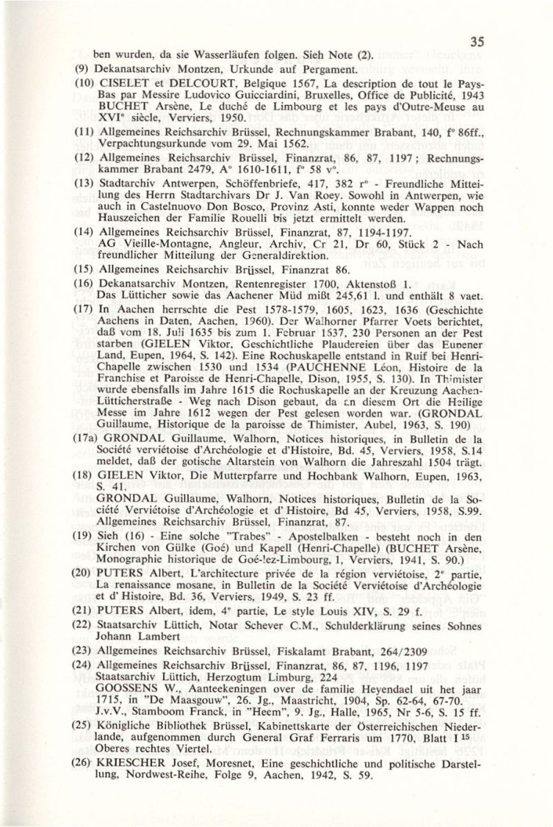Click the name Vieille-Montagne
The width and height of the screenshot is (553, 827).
coord(157,254)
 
